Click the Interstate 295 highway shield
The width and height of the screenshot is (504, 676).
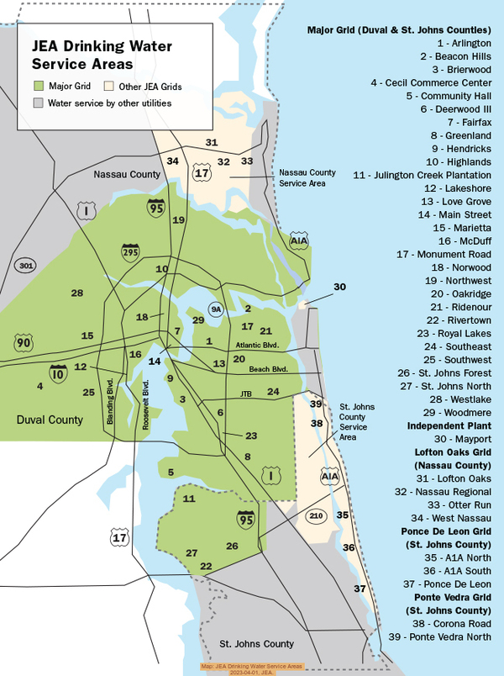coord(130,251)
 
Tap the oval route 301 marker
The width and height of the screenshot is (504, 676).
coord(25,267)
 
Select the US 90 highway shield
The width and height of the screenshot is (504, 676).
coord(24,342)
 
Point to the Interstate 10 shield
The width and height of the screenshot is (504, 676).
coord(58,373)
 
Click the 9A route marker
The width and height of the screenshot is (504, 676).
coord(216,309)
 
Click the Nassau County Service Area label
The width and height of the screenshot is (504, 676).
coord(307,177)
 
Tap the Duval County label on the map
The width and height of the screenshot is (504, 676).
coord(50,418)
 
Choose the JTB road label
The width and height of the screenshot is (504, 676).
coord(246,393)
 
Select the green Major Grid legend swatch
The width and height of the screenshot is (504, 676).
coord(39,87)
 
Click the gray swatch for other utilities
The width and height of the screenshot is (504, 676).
coord(39,103)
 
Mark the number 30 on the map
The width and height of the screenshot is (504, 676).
coord(339,287)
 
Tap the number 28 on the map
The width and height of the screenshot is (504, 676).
coord(77,293)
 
